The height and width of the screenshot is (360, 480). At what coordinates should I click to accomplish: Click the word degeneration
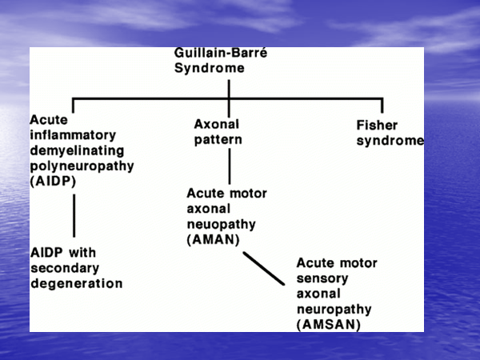click(x=76, y=282)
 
